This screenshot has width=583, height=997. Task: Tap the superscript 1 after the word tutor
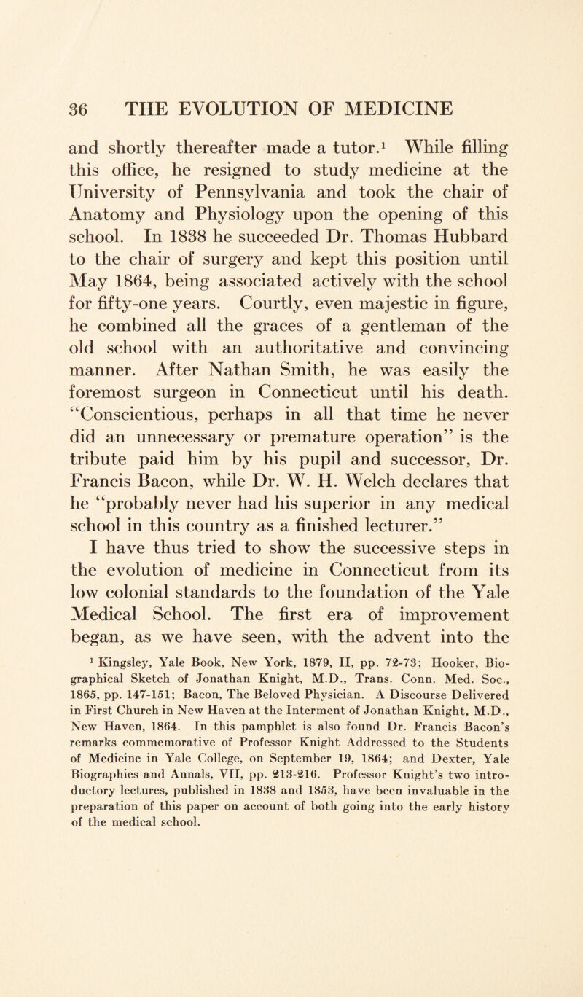(386, 152)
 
